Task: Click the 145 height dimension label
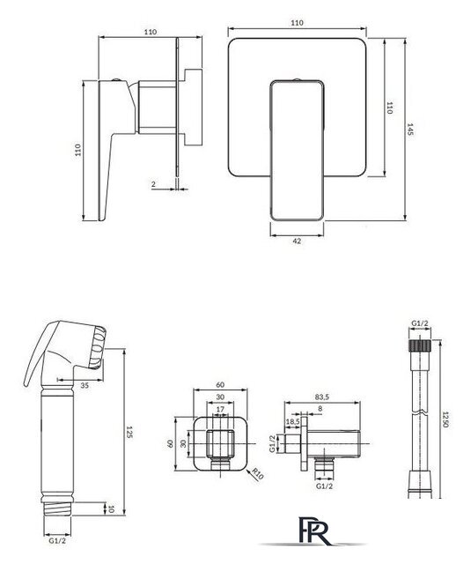pos(410,130)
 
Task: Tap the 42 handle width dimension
pos(297,241)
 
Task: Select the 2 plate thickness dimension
pos(154,184)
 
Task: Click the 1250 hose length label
pos(445,419)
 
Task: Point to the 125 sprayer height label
pos(129,432)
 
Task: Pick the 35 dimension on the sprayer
pos(85,386)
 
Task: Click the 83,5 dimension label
pos(322,397)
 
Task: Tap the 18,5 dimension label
pos(292,421)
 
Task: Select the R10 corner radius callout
pos(258,474)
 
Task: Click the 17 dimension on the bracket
pos(221,409)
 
